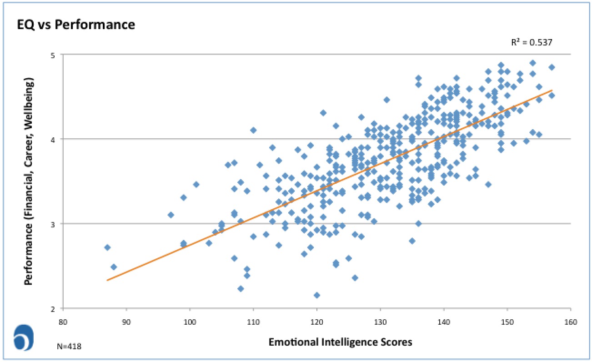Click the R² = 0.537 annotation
(x=532, y=43)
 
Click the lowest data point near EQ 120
(x=317, y=295)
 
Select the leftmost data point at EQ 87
(x=107, y=247)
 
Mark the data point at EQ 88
(x=114, y=267)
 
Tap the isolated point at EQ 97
(x=171, y=215)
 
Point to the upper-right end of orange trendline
(x=552, y=90)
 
